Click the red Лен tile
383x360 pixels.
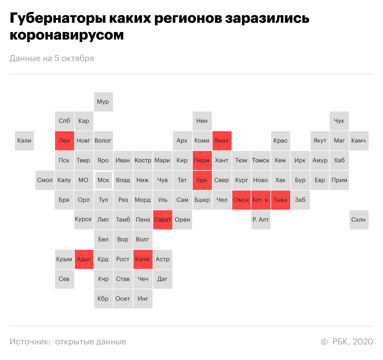pyautogui.click(x=64, y=140)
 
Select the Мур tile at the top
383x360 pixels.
pyautogui.click(x=103, y=102)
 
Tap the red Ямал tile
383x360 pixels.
pyautogui.click(x=222, y=140)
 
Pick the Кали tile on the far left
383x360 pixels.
pyautogui.click(x=24, y=140)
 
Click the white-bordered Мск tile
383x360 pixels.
pyautogui.click(x=104, y=180)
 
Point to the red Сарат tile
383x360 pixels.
pyautogui.click(x=162, y=220)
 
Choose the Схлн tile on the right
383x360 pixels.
pyautogui.click(x=359, y=220)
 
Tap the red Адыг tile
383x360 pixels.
pyautogui.click(x=84, y=259)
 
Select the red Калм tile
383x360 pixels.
pyautogui.click(x=143, y=259)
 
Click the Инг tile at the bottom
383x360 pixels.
pyautogui.click(x=143, y=299)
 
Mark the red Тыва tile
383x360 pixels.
pyautogui.click(x=280, y=200)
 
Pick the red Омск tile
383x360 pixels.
pyautogui.click(x=241, y=200)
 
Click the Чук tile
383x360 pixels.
pyautogui.click(x=339, y=121)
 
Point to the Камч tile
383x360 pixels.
pyautogui.click(x=359, y=140)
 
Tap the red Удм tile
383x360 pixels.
pyautogui.click(x=202, y=180)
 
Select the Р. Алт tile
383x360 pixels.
pyautogui.click(x=261, y=220)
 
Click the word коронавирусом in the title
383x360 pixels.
pyautogui.click(x=67, y=35)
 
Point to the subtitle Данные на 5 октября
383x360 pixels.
pyautogui.click(x=52, y=58)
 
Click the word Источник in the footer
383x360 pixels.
pyautogui.click(x=30, y=342)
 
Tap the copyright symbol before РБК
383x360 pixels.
pyautogui.click(x=324, y=342)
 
